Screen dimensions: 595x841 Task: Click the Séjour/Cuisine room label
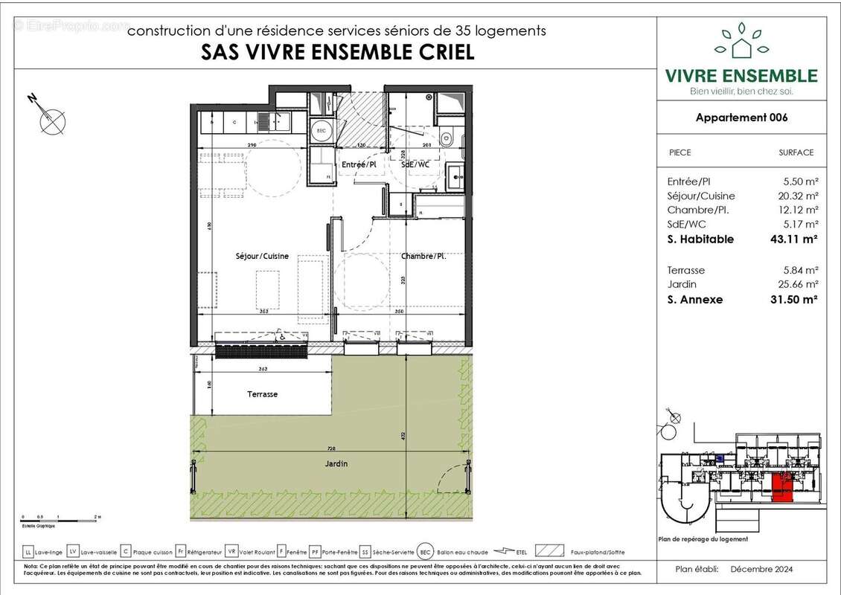tap(259, 256)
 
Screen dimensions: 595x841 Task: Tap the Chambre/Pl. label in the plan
tap(423, 256)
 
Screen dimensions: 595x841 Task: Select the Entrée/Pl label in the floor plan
tap(358, 164)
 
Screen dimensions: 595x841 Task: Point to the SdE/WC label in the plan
tap(418, 164)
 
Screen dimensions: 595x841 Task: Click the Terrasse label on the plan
tap(262, 394)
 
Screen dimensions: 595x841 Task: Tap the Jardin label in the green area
tap(336, 463)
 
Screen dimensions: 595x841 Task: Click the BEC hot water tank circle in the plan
tap(322, 127)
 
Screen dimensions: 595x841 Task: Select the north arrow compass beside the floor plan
tap(50, 117)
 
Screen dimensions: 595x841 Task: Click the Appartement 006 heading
tap(741, 118)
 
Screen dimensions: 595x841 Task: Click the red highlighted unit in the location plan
tap(781, 489)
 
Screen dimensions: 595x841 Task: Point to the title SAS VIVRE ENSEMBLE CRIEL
tap(337, 53)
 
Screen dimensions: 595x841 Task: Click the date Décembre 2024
tap(762, 570)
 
